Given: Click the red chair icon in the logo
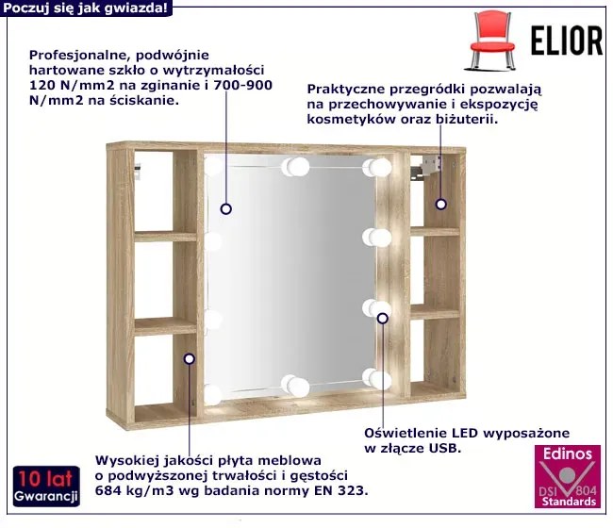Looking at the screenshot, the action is coord(491,41).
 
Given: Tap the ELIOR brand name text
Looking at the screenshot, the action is coord(567,41).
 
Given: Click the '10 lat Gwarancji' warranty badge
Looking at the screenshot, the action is coord(46,487).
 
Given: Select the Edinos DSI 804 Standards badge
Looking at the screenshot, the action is coord(567,476).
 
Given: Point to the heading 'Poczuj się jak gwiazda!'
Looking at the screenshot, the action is coord(86,8).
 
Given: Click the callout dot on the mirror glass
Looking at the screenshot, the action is coord(226,209).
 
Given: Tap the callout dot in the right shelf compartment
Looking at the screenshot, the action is coord(441,204).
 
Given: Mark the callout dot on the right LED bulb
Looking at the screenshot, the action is coord(383,318).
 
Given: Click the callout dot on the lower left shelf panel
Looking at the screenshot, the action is coord(190,358).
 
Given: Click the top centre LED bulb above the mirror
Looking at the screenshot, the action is coord(295,167).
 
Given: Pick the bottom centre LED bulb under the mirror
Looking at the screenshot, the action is coord(295,385).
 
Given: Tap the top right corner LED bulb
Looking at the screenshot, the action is coord(377,167).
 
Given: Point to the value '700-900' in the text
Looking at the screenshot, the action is coord(242,85).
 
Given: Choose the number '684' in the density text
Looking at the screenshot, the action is coord(108,490).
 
